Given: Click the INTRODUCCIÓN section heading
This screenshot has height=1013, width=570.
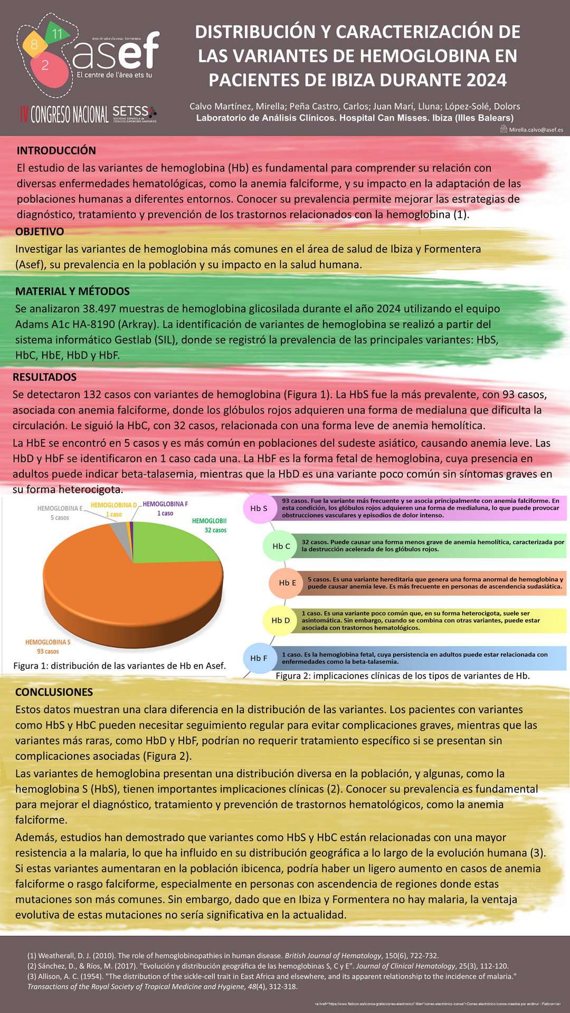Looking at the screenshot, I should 56,150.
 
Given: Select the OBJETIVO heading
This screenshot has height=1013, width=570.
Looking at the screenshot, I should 40,232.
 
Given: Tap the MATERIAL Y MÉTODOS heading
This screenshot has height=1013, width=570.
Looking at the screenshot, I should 72,291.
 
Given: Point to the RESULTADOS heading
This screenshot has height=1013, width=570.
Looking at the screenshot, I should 44,377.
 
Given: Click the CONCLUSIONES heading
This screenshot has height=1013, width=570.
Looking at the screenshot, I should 54,692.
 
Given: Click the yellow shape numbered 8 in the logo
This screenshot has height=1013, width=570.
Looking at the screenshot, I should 34,44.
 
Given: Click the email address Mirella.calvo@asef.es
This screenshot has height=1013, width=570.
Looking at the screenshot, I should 536,130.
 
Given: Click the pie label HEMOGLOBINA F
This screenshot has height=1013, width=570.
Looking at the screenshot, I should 165,504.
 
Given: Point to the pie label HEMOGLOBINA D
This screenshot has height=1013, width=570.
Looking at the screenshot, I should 113,505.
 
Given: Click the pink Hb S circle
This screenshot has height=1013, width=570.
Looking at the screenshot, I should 259,509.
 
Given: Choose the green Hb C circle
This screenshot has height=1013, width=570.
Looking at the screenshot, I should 281,546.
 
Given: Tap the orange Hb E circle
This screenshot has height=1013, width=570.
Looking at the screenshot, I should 287,583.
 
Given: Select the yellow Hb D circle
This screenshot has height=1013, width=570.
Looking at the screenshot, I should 280,620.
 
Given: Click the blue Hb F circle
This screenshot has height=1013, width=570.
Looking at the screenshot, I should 259,658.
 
